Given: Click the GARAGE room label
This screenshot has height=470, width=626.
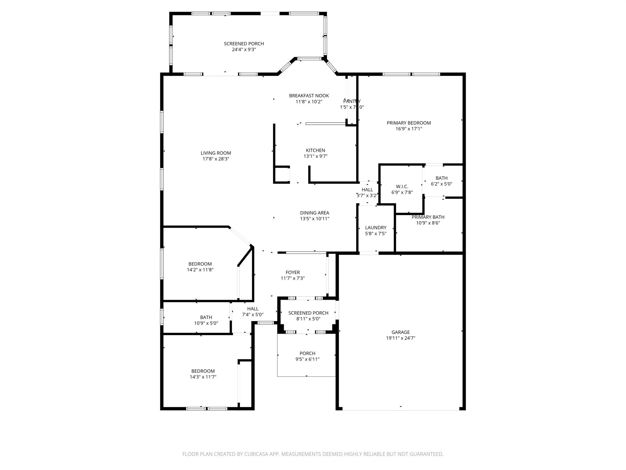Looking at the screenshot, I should (400, 332).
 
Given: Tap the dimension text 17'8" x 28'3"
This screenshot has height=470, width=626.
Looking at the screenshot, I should (216, 159).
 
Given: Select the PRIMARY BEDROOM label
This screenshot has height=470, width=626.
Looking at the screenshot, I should (409, 123).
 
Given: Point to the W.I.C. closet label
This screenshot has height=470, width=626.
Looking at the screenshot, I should (402, 187).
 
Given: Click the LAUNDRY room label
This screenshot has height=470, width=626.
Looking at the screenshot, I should (376, 228).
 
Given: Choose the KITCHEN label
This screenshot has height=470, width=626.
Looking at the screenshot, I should (315, 150).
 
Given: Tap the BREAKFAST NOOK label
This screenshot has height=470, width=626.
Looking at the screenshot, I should (309, 96).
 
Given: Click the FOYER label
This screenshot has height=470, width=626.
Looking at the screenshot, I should (293, 272).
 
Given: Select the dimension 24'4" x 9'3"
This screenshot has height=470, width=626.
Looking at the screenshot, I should (244, 50).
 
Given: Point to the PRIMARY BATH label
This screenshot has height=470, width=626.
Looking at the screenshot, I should (428, 217).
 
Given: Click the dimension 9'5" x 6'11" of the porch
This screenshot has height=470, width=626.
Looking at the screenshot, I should (307, 359).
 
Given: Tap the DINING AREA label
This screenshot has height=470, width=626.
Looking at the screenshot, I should (315, 213).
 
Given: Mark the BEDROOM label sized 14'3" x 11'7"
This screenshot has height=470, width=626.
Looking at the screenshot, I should (203, 371).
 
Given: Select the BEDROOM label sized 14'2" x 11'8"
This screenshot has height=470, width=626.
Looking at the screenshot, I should (200, 264).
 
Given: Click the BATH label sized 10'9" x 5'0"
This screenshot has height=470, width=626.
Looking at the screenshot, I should (206, 317).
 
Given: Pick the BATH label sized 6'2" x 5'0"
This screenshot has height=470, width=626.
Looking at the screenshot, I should (441, 178).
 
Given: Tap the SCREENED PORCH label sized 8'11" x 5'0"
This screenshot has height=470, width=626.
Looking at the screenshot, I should (308, 313).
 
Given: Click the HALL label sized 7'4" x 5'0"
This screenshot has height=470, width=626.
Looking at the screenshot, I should (253, 309).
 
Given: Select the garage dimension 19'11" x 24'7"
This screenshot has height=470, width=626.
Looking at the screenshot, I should (400, 338).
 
